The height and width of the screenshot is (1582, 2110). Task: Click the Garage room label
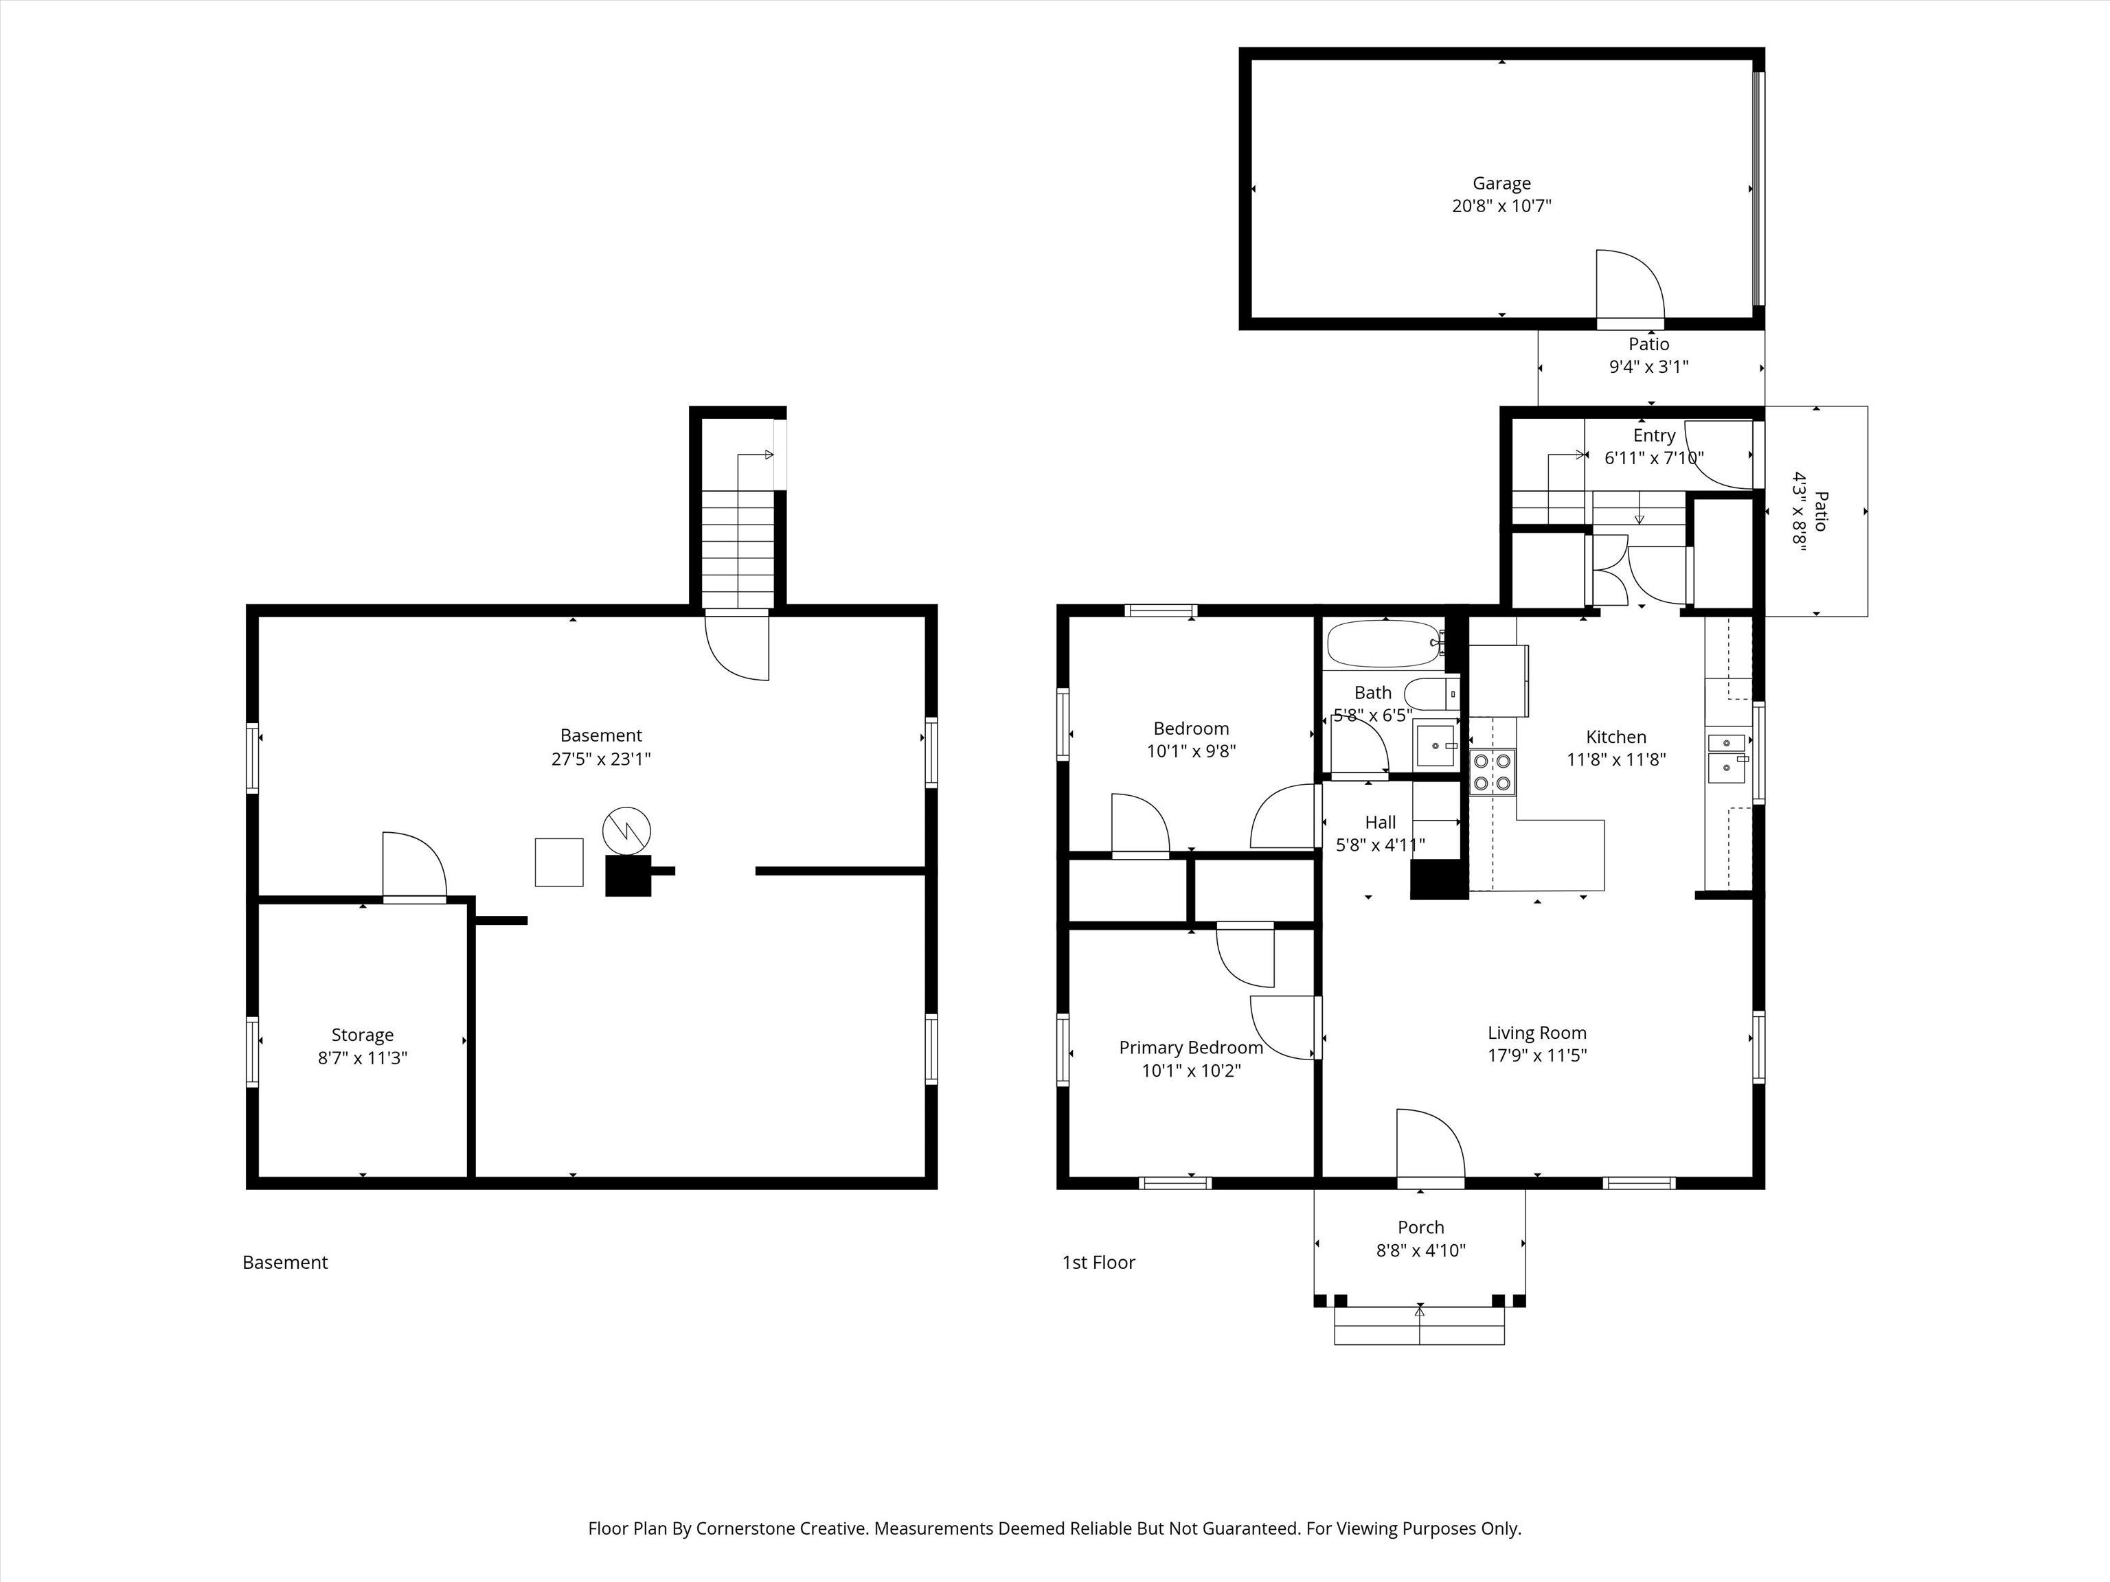point(1501,183)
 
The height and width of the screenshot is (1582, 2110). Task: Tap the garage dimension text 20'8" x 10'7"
point(1501,206)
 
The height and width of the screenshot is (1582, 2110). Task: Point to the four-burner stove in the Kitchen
point(1492,772)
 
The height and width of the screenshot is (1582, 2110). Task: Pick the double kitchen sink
point(1728,757)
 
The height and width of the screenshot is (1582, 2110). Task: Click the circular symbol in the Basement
point(626,829)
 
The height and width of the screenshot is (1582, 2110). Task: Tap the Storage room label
point(363,1035)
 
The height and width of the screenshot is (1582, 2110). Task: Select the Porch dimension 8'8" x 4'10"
point(1420,1250)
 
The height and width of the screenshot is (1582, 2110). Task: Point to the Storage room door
point(414,866)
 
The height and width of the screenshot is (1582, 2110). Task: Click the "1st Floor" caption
point(1099,1263)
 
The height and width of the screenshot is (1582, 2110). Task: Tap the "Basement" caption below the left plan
point(285,1263)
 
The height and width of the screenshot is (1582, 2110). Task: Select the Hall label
point(1381,822)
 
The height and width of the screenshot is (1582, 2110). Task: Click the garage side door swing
point(1630,284)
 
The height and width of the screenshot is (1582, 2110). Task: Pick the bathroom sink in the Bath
point(1437,745)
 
